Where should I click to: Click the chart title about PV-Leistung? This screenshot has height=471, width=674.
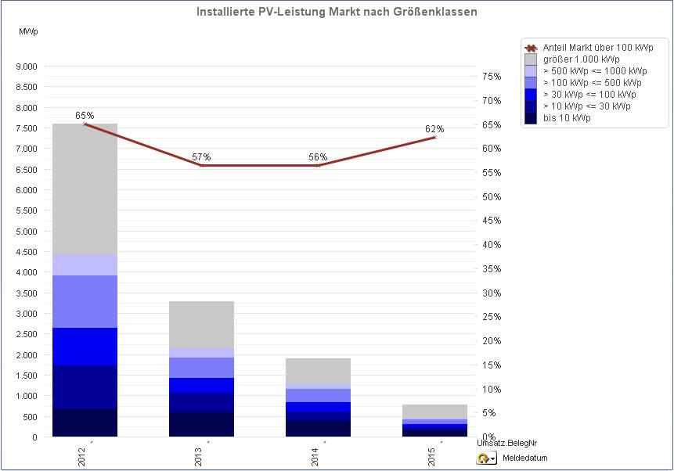pos(336,13)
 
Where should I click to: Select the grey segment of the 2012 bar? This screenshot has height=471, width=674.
pos(85,189)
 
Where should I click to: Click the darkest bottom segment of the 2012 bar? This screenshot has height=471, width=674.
pos(85,422)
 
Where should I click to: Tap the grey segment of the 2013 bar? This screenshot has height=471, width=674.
pos(201,324)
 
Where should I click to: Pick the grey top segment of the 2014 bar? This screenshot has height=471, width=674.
pos(318,371)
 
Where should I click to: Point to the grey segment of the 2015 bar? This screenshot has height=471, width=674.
pos(434,412)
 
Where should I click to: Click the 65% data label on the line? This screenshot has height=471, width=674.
pos(85,115)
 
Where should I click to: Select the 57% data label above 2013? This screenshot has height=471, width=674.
pos(201,156)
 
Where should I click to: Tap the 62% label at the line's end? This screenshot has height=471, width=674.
pos(434,128)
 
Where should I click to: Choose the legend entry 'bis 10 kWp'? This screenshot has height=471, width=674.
pos(567,117)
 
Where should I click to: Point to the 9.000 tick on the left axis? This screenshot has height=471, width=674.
pos(26,67)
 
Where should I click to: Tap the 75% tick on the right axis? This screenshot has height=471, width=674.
pos(492,76)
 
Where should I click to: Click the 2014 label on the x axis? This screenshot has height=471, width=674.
pos(315,455)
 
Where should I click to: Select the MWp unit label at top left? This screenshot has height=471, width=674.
pos(28,31)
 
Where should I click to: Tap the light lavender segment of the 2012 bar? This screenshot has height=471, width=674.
pos(85,264)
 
